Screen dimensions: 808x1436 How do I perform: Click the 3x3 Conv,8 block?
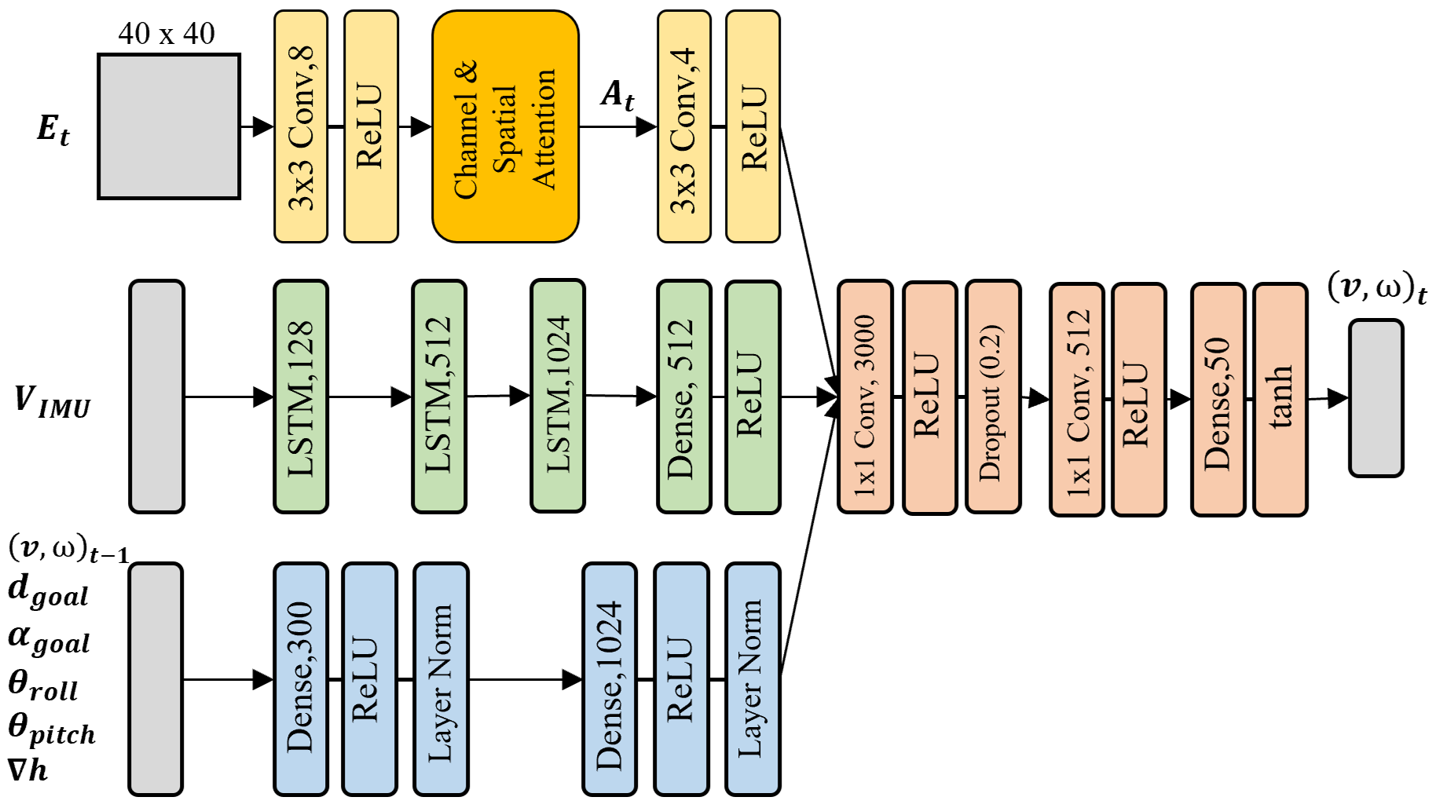click(x=301, y=126)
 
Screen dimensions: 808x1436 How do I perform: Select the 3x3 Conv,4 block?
click(x=683, y=126)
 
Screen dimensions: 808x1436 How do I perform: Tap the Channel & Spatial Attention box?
click(x=505, y=126)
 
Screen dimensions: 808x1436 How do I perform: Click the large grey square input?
click(x=169, y=126)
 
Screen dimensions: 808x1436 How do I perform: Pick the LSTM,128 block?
click(x=301, y=397)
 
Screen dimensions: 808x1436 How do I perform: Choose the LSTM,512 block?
click(x=438, y=397)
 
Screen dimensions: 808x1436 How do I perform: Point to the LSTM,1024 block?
click(x=558, y=396)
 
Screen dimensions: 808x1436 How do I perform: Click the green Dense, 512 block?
click(x=683, y=397)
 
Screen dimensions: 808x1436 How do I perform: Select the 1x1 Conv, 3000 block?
click(x=865, y=397)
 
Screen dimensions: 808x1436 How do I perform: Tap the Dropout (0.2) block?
click(x=993, y=397)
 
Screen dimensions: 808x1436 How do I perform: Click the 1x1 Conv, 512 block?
click(x=1076, y=399)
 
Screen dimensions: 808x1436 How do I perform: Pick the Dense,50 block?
click(x=1218, y=399)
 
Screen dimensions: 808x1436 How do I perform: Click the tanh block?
click(x=1280, y=399)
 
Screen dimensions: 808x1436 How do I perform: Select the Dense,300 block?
click(x=301, y=678)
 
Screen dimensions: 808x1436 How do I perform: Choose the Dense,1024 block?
click(x=609, y=678)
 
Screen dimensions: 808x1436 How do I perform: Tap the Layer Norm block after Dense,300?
click(x=441, y=678)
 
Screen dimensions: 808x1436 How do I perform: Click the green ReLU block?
click(x=753, y=397)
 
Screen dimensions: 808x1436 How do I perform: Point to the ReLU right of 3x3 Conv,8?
click(x=371, y=126)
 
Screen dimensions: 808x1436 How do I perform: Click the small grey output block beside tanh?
click(x=1376, y=397)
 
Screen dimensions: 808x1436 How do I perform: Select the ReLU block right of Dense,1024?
click(x=681, y=678)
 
